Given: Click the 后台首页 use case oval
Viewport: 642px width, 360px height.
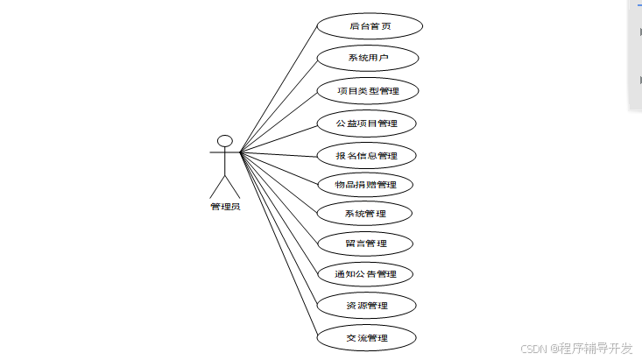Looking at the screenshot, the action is click(369, 26).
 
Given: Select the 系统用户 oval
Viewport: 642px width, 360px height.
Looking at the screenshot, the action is click(367, 59).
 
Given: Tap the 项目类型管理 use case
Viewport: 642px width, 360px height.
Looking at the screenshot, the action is click(367, 90).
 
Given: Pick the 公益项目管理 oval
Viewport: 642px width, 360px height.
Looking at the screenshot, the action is click(367, 124).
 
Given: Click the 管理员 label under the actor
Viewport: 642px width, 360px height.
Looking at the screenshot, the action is click(224, 207).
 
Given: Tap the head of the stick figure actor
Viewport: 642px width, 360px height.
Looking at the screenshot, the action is click(224, 140).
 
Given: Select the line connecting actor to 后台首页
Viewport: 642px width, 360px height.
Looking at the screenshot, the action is click(279, 89).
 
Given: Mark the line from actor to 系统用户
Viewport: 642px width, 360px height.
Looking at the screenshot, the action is click(279, 105).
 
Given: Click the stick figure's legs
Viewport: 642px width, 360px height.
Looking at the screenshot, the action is click(224, 186).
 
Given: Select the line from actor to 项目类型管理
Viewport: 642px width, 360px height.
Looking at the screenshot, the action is click(279, 122).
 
